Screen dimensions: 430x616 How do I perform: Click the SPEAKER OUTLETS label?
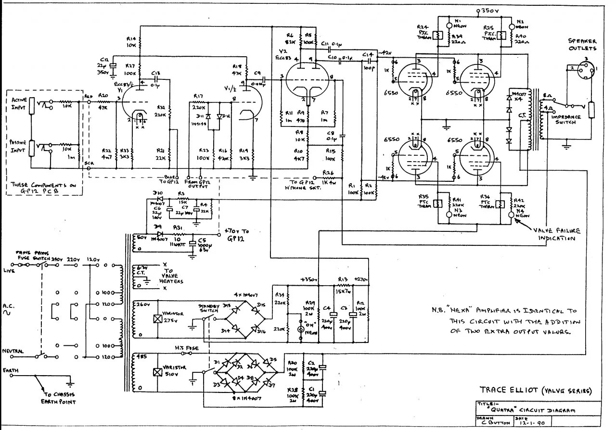click(582, 45)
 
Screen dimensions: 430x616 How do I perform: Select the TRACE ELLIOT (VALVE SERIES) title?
click(535, 390)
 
